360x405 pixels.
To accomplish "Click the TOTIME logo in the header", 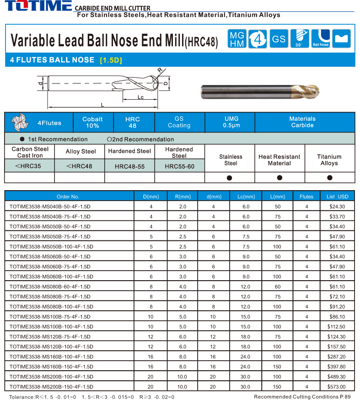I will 36,7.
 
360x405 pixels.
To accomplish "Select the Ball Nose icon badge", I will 321,39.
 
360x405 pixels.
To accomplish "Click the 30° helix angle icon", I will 300,39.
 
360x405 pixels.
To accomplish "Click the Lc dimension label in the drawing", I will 141,97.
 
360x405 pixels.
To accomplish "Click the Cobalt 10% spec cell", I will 92,122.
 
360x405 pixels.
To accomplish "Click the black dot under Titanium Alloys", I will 329,177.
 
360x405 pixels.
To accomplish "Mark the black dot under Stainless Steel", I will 230,177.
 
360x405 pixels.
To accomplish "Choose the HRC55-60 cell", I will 179,166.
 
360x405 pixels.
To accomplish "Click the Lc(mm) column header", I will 246,197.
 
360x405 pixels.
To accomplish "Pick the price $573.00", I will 337,387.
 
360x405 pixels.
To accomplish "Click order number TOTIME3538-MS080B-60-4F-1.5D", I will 50,287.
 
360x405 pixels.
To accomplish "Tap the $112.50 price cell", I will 337,327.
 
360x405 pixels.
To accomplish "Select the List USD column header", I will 337,197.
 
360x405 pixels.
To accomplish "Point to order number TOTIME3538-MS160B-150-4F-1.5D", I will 51,367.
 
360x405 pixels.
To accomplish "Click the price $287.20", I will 337,357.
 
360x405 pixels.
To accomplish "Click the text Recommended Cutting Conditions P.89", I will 302,397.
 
